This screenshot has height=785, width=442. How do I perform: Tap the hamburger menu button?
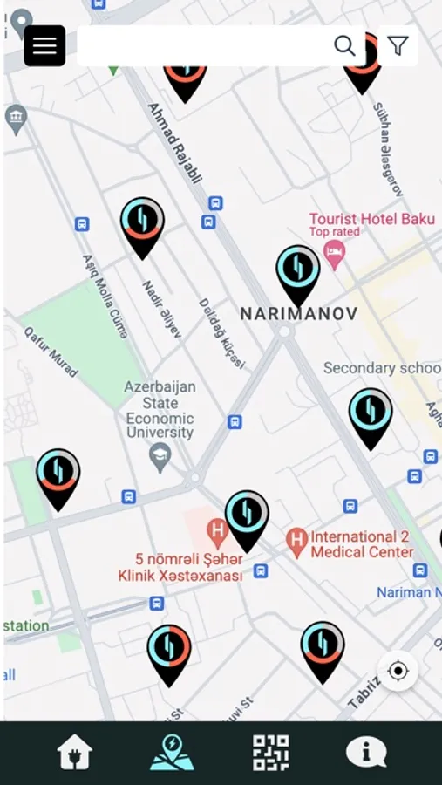point(44,45)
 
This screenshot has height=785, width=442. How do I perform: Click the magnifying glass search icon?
point(344,45)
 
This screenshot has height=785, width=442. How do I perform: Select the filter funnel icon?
point(398,45)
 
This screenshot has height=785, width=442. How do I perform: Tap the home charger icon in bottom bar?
point(75,752)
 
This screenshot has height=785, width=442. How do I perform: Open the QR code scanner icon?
point(270,752)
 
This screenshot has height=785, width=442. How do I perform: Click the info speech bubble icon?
point(366,752)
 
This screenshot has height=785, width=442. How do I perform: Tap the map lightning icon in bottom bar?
point(172,752)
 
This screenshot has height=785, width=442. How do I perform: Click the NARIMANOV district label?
point(298,313)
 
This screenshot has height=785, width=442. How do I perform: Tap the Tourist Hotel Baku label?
point(371,219)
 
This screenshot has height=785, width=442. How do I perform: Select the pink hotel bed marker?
point(334,254)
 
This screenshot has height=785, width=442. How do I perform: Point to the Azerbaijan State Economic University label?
point(160,409)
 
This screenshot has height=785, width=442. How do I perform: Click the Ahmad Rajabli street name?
point(174,143)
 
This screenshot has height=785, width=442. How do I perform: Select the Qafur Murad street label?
point(51,352)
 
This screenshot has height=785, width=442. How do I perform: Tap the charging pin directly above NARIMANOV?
point(298,272)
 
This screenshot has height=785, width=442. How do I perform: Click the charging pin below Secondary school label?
point(371,415)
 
